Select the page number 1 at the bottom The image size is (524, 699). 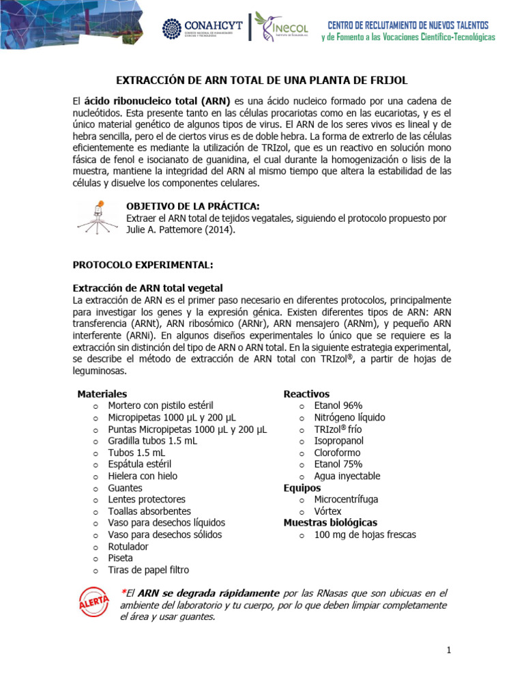tap(449, 651)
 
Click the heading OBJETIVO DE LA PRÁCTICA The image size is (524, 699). tap(193, 207)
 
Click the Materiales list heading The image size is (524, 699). tap(102, 394)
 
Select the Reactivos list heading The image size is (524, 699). tap(306, 394)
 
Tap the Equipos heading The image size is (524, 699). tap(302, 488)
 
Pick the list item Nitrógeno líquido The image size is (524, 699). tap(349, 417)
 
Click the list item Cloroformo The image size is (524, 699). tap(337, 453)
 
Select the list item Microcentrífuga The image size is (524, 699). tap(346, 500)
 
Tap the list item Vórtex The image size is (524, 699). tap(327, 511)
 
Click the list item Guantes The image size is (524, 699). tap(125, 488)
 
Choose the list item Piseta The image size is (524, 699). tap(121, 558)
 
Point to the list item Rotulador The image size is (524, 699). tap(128, 547)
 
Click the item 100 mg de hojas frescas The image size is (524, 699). tap(364, 534)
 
